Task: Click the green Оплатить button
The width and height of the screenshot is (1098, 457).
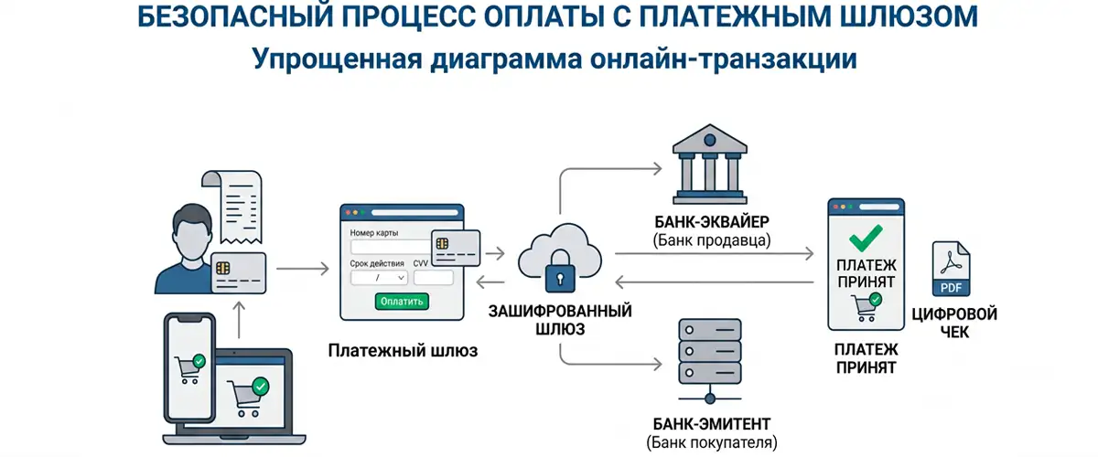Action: click(402, 302)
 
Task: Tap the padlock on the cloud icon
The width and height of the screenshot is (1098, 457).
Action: click(560, 271)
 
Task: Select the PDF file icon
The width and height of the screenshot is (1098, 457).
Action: click(951, 269)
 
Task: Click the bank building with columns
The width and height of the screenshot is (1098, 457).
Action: click(710, 165)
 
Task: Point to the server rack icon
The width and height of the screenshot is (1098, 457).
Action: click(710, 361)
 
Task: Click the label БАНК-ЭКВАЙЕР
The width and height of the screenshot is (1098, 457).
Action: click(712, 222)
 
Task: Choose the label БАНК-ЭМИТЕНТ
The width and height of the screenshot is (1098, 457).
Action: click(712, 424)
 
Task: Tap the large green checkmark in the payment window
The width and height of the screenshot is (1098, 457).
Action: click(867, 238)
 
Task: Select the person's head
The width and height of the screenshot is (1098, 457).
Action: click(192, 230)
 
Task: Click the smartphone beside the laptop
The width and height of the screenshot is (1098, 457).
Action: click(189, 367)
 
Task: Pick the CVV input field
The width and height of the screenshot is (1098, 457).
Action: click(434, 278)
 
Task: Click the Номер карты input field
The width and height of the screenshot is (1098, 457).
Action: click(391, 247)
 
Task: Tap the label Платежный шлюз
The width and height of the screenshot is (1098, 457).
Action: click(403, 351)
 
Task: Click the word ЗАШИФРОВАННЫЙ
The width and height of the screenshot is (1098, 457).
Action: click(560, 311)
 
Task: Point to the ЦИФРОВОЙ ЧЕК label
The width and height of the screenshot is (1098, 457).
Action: click(954, 323)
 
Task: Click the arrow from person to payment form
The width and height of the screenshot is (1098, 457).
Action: click(303, 269)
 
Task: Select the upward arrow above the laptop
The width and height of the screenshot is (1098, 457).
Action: click(239, 319)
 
